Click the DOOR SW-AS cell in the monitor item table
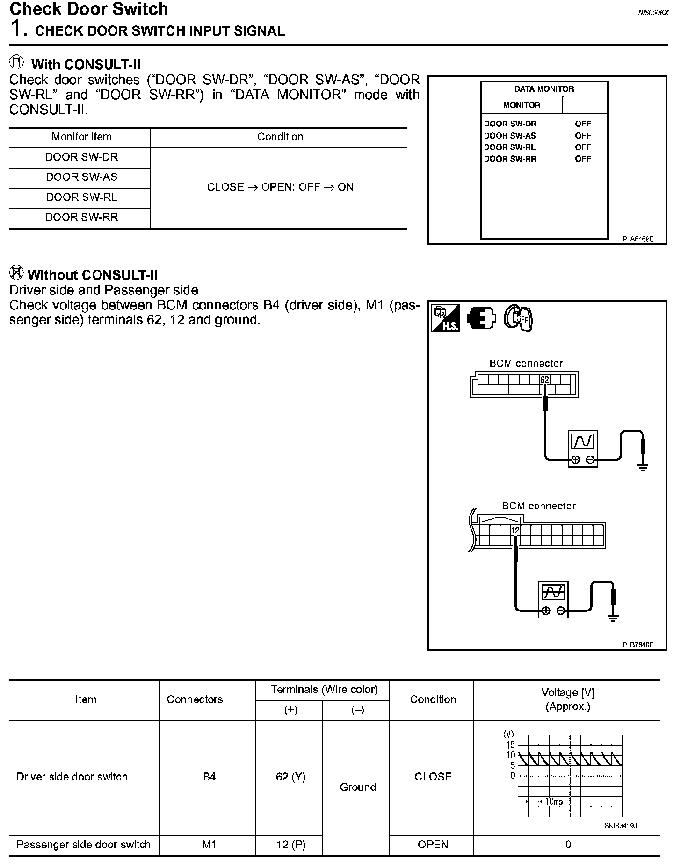tap(81, 177)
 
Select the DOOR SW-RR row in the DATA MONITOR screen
tap(537, 159)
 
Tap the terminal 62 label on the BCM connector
tap(544, 380)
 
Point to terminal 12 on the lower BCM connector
tap(515, 530)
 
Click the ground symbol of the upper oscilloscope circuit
tap(643, 467)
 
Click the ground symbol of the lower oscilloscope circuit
tap(613, 618)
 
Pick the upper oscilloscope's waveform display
tap(583, 441)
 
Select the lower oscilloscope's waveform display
tap(553, 593)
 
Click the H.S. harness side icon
tap(445, 318)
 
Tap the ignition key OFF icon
tap(518, 318)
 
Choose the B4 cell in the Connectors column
tap(209, 777)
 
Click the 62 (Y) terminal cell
tap(290, 777)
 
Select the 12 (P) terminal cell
tap(290, 845)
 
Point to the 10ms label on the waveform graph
tap(554, 802)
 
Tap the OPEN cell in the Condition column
tap(433, 845)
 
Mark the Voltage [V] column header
tap(567, 699)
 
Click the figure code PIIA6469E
tap(638, 239)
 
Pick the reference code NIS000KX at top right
tap(653, 13)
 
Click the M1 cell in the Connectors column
tap(209, 845)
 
